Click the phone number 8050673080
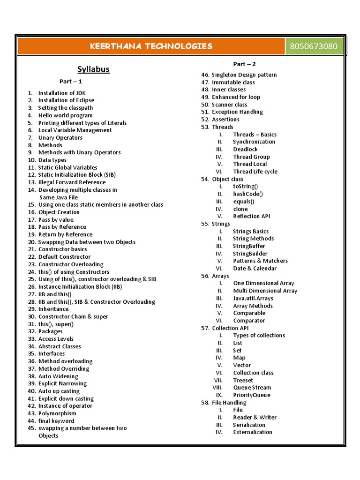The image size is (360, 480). (x=316, y=46)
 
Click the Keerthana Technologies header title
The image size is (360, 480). (x=151, y=46)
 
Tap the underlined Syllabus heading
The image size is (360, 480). (x=93, y=69)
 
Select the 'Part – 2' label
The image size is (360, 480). (x=245, y=64)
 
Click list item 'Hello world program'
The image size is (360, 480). (x=65, y=115)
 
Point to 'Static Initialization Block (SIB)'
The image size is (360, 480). (x=77, y=175)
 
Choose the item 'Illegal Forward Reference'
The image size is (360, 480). (x=72, y=182)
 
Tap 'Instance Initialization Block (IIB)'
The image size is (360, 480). (x=80, y=286)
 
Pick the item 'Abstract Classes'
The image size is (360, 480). (x=60, y=346)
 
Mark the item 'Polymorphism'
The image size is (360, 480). (x=57, y=413)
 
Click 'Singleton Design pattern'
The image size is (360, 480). (x=244, y=75)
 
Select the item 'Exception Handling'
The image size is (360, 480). (x=237, y=112)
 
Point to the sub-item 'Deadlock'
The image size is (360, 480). (x=245, y=149)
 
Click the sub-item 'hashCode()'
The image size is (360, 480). (x=248, y=194)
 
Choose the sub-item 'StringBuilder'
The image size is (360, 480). (x=250, y=254)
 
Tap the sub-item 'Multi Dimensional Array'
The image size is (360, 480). (x=265, y=291)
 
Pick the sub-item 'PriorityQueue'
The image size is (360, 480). (x=252, y=395)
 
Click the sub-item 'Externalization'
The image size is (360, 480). (x=252, y=432)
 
